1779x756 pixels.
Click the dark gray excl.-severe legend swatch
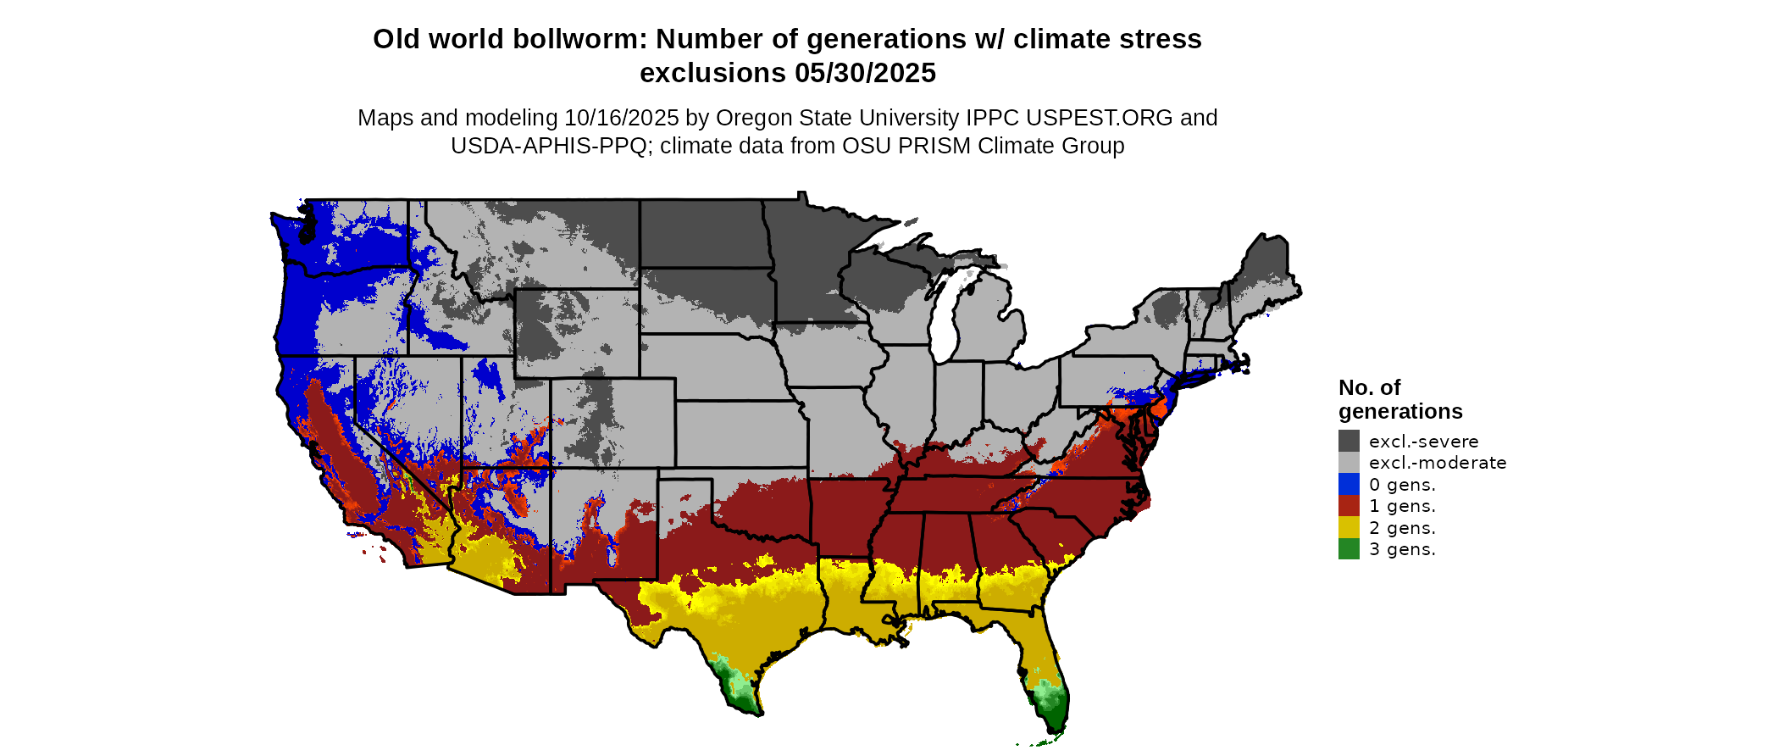coord(1349,441)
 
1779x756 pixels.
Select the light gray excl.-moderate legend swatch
coord(1349,463)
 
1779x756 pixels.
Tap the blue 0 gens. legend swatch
coord(1349,485)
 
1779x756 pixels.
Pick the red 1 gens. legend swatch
coord(1349,506)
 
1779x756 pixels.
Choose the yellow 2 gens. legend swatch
coord(1349,528)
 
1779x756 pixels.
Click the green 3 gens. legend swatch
coord(1349,549)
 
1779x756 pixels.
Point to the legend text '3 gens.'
coord(1402,549)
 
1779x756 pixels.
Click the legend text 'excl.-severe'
coord(1423,442)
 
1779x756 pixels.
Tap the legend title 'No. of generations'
coord(1399,399)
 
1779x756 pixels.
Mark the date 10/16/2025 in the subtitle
coord(622,118)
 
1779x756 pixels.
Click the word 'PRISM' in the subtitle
coord(934,146)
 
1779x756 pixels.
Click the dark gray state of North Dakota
coord(703,234)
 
